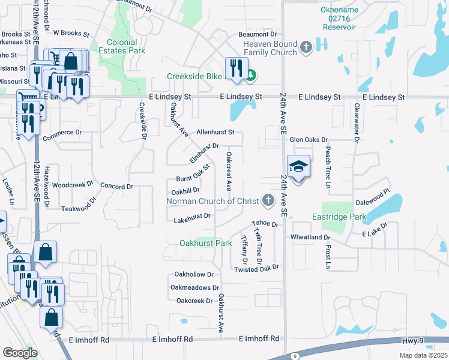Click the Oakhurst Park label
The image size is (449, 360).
click(x=206, y=244)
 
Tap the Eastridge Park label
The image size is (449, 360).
click(x=339, y=216)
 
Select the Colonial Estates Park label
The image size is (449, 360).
click(x=126, y=47)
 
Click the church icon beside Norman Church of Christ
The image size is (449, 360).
click(x=268, y=200)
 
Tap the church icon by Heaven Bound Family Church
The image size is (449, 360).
click(x=306, y=46)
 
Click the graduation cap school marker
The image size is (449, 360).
click(x=298, y=166)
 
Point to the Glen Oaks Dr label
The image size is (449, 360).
click(x=309, y=139)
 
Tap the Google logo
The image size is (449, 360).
click(x=20, y=353)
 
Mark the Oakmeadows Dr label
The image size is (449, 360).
click(x=191, y=288)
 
